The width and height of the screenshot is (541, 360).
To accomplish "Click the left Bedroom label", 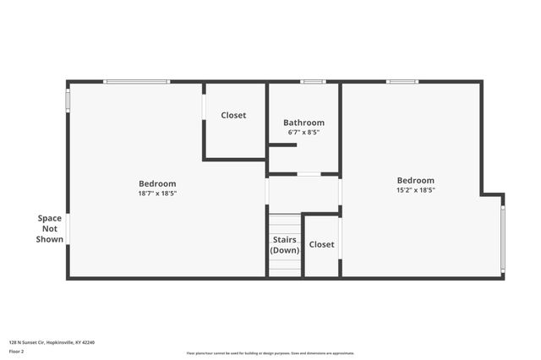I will (157, 183).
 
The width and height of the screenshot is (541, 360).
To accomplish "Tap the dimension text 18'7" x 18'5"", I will (157, 194).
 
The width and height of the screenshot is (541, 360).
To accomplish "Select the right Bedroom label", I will (416, 180).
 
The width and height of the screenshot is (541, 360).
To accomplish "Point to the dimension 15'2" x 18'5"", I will (416, 190).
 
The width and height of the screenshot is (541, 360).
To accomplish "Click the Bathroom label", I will (303, 123).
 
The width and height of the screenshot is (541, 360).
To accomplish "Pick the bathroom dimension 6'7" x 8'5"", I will (303, 133).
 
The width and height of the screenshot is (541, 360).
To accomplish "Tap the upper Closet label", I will (233, 115).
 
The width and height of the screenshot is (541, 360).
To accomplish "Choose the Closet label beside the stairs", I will (321, 244).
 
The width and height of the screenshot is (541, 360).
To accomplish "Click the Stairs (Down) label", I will (285, 245).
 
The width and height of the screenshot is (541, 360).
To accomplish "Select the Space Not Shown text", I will (50, 228).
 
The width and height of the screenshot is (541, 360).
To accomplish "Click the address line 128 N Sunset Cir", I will (52, 342).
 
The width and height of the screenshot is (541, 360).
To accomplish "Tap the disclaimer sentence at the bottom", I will (270, 353).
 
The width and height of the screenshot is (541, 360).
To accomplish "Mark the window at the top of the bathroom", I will (313, 82).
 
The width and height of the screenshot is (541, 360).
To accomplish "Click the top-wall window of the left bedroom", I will (136, 82).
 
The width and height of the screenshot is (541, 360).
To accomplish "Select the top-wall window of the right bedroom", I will (402, 82).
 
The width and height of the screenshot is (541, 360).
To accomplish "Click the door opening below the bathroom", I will (309, 174).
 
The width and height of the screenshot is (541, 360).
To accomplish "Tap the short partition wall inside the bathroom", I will (282, 145).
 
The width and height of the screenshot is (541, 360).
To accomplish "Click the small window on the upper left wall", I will (68, 99).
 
